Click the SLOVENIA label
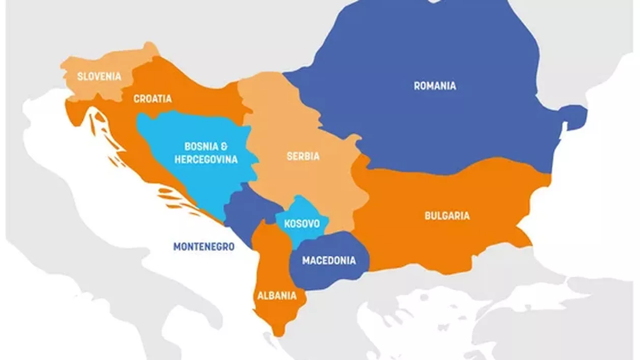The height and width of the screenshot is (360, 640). pos(99,77)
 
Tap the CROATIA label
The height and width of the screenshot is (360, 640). pos(152,99)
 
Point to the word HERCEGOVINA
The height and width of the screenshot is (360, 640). pos(206,159)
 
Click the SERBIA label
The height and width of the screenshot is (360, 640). pos(303,156)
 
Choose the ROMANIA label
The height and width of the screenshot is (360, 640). pos(435,86)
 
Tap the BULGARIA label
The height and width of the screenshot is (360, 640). pos(447,216)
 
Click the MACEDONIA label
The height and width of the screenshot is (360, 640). pos(329,260)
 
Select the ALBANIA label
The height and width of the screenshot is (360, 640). pos(276,296)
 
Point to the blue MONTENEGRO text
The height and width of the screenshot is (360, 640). pos(204,247)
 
